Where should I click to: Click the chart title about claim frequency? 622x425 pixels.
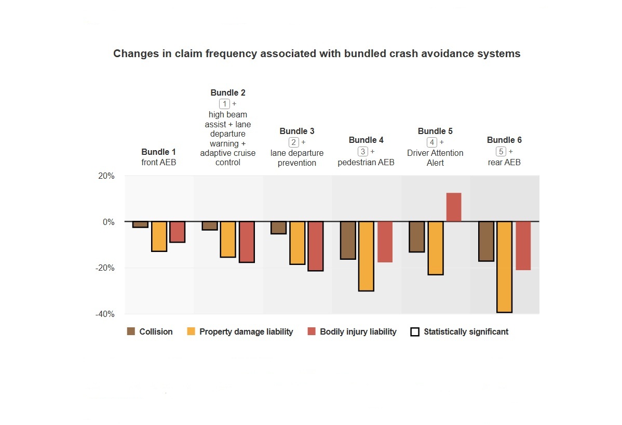point(317,54)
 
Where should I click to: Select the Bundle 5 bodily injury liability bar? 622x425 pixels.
point(453,207)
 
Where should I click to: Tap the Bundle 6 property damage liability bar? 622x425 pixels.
point(504,267)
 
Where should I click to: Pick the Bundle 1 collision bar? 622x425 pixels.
point(140,224)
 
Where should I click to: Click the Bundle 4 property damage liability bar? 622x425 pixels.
point(366,256)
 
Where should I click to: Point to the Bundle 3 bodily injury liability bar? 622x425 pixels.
point(315,246)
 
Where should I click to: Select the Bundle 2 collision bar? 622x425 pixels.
point(209,225)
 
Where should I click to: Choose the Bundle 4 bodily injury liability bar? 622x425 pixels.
point(385,242)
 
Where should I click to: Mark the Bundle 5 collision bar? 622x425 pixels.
point(416,236)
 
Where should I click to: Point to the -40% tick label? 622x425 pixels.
point(104,314)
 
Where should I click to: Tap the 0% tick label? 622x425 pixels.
point(107,222)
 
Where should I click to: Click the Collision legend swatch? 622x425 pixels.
point(131,331)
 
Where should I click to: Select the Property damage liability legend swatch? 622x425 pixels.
point(191,331)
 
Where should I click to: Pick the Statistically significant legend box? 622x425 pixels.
point(415,331)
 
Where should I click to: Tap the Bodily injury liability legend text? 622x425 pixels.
point(358,331)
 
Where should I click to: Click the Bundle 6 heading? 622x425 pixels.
point(504,140)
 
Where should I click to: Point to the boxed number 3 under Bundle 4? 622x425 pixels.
point(363,151)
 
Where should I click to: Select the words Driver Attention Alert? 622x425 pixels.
point(435,158)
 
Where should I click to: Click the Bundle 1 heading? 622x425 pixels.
point(158,152)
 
